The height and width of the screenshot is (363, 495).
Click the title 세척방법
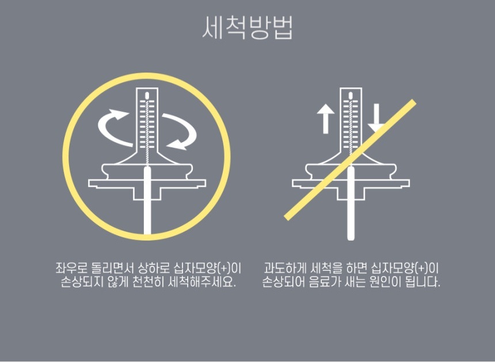tap(247, 28)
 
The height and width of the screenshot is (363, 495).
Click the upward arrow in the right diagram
tap(325, 119)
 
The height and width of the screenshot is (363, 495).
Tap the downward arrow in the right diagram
tap(376, 119)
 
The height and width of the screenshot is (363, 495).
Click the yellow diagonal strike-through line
tap(350, 160)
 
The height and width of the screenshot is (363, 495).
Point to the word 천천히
tap(148, 281)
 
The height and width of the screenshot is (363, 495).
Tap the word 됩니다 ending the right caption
tap(422, 281)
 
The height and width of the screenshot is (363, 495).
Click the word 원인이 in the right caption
tap(385, 281)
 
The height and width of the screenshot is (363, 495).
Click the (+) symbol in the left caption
tap(224, 268)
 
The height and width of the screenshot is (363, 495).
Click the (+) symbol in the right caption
tap(422, 268)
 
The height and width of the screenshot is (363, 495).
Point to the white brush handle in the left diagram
tap(147, 201)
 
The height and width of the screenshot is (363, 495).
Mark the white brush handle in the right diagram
tap(351, 204)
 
